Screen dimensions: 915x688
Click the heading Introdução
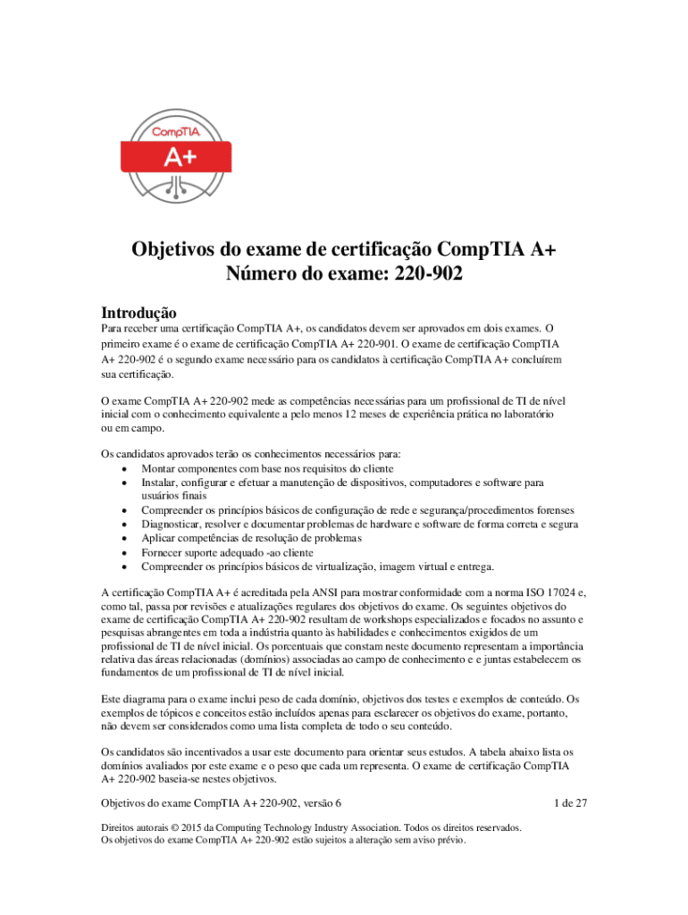click(x=138, y=314)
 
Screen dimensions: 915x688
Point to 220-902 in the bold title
click(x=426, y=274)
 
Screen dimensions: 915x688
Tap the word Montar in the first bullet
click(x=158, y=469)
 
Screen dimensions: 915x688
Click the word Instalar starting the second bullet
click(x=161, y=483)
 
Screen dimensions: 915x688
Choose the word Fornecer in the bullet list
click(x=163, y=552)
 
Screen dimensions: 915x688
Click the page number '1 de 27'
click(x=570, y=803)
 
